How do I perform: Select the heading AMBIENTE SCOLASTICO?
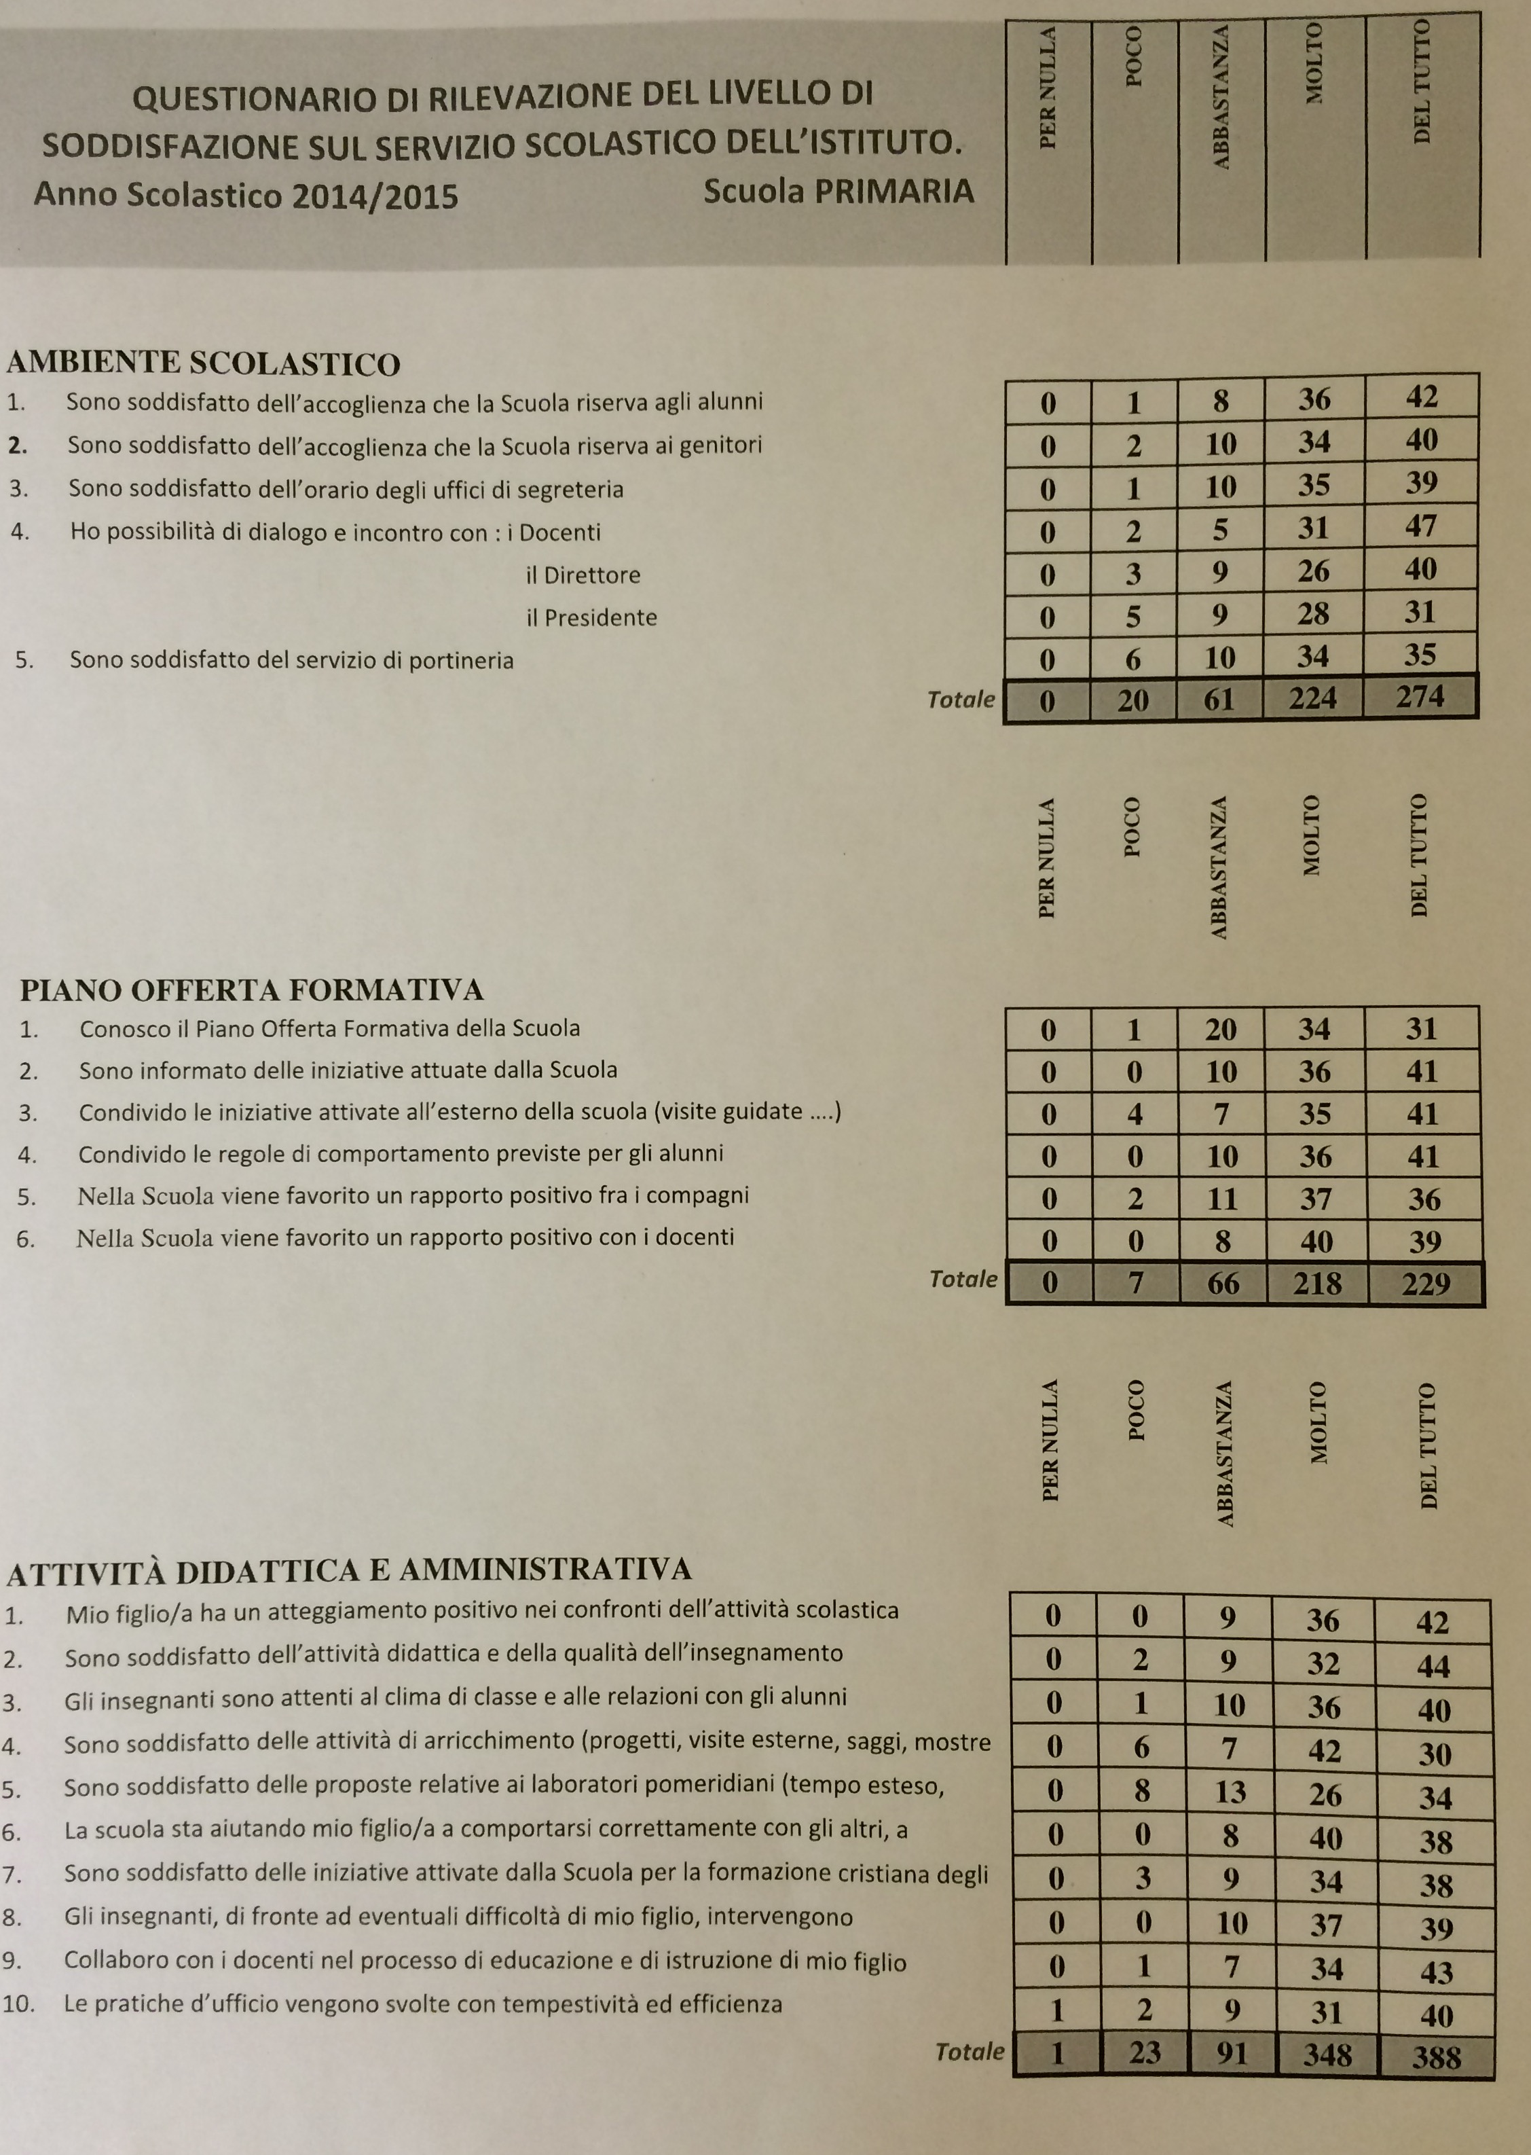(203, 363)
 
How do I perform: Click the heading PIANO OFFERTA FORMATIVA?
(252, 990)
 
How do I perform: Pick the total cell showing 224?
(1313, 698)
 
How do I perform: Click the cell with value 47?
(1421, 526)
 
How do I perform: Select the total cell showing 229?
(1424, 1283)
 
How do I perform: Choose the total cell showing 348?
(1327, 2056)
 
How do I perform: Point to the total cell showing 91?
(1231, 2054)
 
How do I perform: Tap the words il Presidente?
(591, 618)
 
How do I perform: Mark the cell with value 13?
(1230, 1792)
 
